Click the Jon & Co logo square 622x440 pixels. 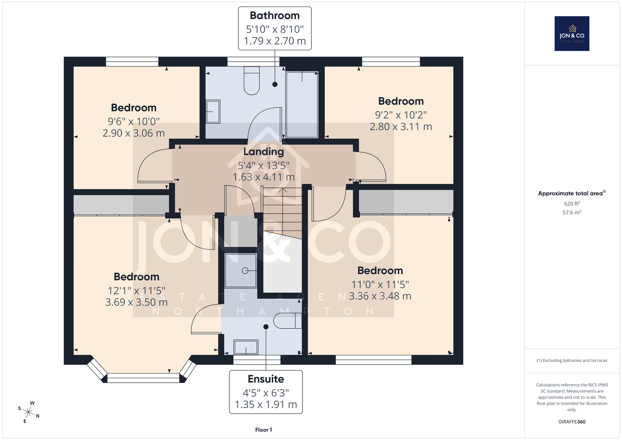coord(572,33)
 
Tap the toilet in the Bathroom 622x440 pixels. coord(252,81)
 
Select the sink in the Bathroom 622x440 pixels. coord(213,112)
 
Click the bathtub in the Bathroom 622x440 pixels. coord(302,105)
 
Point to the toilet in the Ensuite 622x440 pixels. coord(287,321)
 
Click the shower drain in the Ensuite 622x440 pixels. coord(245,271)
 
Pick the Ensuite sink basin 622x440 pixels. coord(246,347)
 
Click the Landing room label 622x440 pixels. coord(264,152)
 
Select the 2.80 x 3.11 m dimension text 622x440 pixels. coord(401,127)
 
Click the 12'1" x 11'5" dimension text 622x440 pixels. coord(136,291)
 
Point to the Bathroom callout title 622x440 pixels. coord(274,16)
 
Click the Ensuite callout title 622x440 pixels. coord(266,379)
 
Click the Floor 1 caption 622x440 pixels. coord(264,430)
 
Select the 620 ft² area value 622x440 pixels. coord(572,204)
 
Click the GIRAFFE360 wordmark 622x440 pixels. coord(572,422)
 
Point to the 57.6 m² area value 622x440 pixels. coord(572,212)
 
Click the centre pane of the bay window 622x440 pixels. coord(143,378)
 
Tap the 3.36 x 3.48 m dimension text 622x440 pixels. coord(380,296)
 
